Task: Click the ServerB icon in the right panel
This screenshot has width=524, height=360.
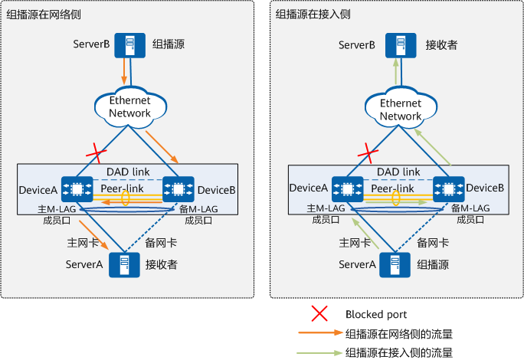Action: tap(396, 45)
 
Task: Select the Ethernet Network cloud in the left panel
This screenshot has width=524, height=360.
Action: tap(130, 107)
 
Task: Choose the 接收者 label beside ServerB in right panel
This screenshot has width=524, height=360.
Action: tap(442, 45)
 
